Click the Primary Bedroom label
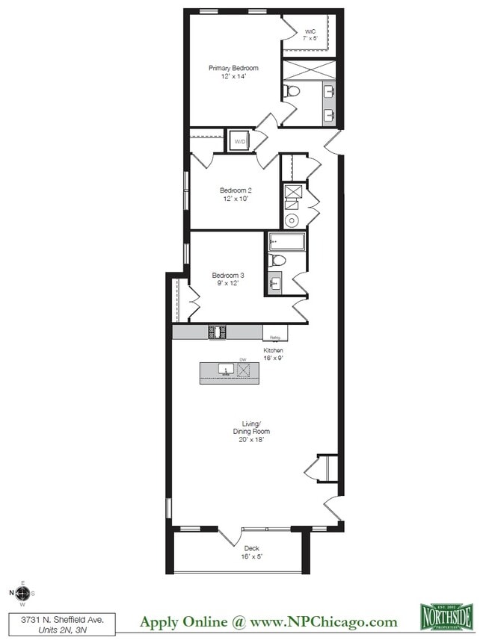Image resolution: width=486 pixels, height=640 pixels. tap(233, 68)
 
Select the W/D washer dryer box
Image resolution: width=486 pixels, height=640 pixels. tap(240, 141)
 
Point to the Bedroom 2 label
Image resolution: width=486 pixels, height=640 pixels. tap(235, 190)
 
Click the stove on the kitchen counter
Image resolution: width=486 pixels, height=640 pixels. tap(218, 331)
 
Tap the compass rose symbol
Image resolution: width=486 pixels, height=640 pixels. tap(22, 594)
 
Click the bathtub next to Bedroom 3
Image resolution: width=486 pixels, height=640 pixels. tap(286, 241)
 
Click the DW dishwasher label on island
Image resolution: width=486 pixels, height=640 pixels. tap(242, 360)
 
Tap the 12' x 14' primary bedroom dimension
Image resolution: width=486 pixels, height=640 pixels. tap(233, 76)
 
